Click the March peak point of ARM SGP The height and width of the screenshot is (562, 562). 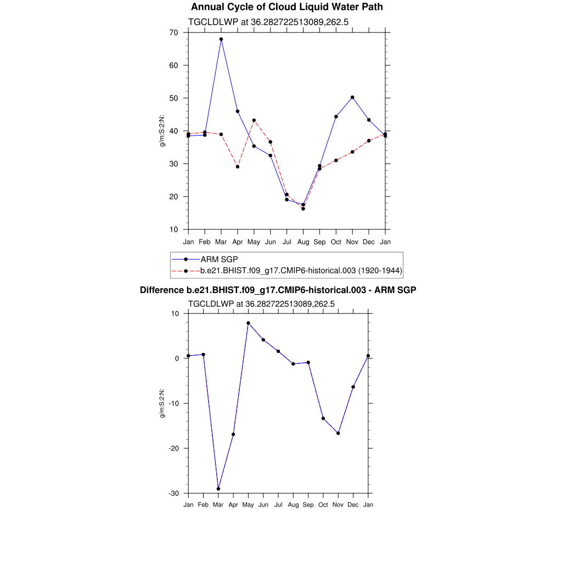[221, 39]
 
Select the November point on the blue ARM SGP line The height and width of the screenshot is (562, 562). [352, 97]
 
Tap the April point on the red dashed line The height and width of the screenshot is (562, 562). [238, 166]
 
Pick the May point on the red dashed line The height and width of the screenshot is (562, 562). [254, 120]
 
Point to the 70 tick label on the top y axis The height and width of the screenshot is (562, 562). [173, 32]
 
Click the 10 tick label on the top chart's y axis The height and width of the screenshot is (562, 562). [173, 229]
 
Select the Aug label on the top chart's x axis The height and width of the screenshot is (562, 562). [303, 242]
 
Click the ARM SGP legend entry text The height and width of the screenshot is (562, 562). [219, 259]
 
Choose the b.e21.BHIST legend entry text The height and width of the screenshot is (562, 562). [301, 271]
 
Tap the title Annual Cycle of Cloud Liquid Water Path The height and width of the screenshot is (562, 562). [286, 7]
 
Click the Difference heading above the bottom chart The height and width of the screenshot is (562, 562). [278, 290]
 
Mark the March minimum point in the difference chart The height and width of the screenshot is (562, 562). [218, 488]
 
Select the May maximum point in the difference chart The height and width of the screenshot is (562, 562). [248, 323]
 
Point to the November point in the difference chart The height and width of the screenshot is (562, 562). [338, 433]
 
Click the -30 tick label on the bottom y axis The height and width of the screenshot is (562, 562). [173, 493]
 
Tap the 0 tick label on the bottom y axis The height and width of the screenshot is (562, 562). [177, 358]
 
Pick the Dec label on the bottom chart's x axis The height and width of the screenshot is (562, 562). [353, 504]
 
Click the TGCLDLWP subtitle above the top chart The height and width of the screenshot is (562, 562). [269, 23]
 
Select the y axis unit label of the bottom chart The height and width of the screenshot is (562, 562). [162, 403]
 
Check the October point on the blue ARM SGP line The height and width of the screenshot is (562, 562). [336, 116]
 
